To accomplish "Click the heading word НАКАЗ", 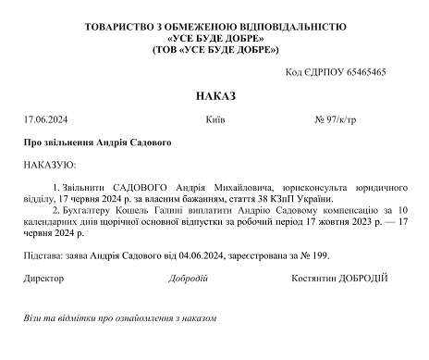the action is (x=216, y=95).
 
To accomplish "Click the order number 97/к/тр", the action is (x=364, y=119).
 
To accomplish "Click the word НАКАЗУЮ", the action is (x=51, y=164).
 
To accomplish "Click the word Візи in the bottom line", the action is (x=35, y=318).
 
